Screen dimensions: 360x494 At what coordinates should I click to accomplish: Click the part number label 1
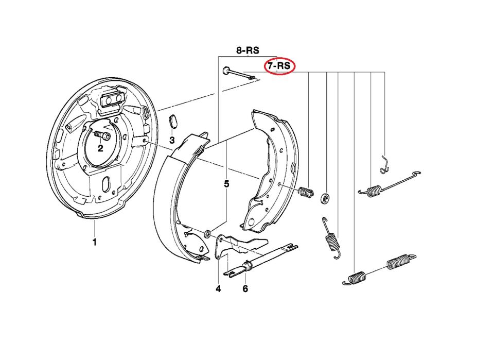coord(94,242)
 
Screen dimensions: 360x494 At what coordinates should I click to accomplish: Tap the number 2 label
coord(100,148)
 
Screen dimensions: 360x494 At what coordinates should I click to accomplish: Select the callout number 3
coord(172,140)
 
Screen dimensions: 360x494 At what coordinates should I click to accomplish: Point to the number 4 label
coord(218,289)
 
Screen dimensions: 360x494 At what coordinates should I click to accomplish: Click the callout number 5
coord(226,183)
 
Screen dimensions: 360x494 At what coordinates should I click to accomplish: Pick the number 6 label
coord(245,289)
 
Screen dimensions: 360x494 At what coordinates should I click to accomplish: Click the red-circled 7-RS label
coord(278,66)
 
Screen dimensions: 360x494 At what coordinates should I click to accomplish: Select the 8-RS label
coord(248,50)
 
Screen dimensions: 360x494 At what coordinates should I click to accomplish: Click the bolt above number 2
coord(103,136)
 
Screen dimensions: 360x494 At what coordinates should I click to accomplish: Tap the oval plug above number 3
coord(173,122)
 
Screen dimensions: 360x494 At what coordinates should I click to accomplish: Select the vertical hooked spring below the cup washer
coord(331,238)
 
